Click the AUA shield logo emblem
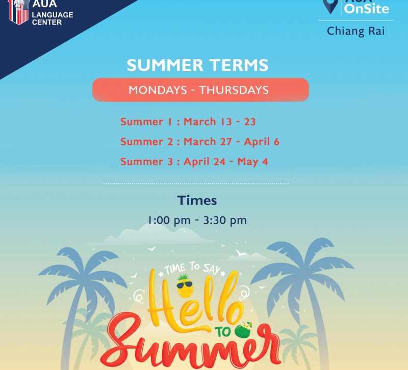point(18,12)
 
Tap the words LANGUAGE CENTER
point(53,18)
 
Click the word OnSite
point(366,9)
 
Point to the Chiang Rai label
point(355,31)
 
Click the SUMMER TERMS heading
point(197,65)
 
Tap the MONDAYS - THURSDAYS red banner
point(200,90)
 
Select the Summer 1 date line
point(188,121)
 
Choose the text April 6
point(262,142)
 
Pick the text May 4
point(252,162)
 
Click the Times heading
point(197,201)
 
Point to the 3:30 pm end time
point(225,220)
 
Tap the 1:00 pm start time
point(169,220)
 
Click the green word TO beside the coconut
point(223,332)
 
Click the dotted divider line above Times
point(195,183)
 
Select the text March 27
point(208,142)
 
